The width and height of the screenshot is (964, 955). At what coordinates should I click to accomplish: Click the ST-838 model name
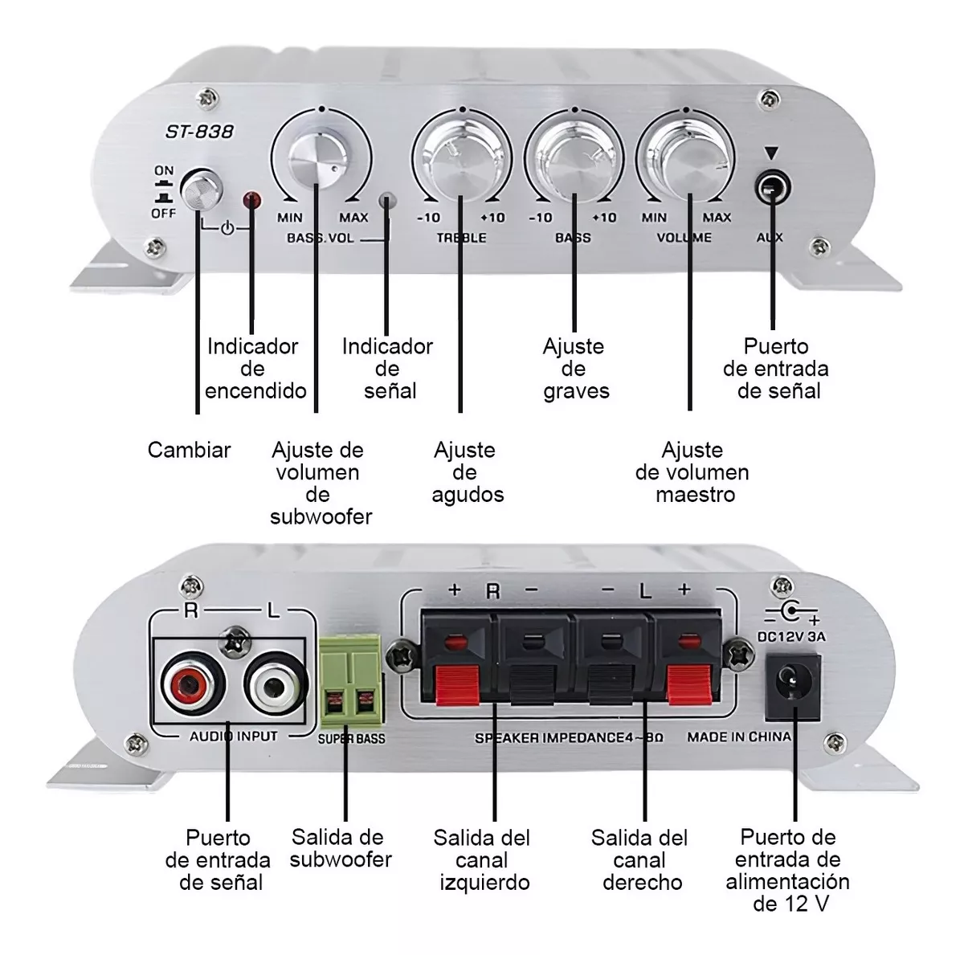(x=199, y=131)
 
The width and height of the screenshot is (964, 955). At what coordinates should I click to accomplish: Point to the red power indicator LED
(x=251, y=199)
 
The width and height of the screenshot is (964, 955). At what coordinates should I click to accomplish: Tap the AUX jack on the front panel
(x=771, y=190)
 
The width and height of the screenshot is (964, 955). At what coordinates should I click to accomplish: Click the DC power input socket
(x=793, y=687)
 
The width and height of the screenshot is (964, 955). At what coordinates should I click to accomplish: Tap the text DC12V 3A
(x=791, y=637)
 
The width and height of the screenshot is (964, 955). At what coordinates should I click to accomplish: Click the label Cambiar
(x=189, y=450)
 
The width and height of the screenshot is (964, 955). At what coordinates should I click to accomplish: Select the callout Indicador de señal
(x=387, y=369)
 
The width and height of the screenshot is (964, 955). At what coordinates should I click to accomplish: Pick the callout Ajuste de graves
(x=574, y=369)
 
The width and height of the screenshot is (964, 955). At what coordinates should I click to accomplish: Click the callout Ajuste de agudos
(x=466, y=472)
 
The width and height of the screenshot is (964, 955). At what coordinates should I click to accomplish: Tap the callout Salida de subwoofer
(x=340, y=849)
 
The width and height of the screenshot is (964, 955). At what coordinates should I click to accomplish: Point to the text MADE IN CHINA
(x=738, y=737)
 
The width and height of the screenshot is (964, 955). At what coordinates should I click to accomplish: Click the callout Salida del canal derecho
(x=640, y=860)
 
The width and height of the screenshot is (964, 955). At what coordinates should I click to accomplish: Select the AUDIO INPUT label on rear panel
(x=233, y=737)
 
